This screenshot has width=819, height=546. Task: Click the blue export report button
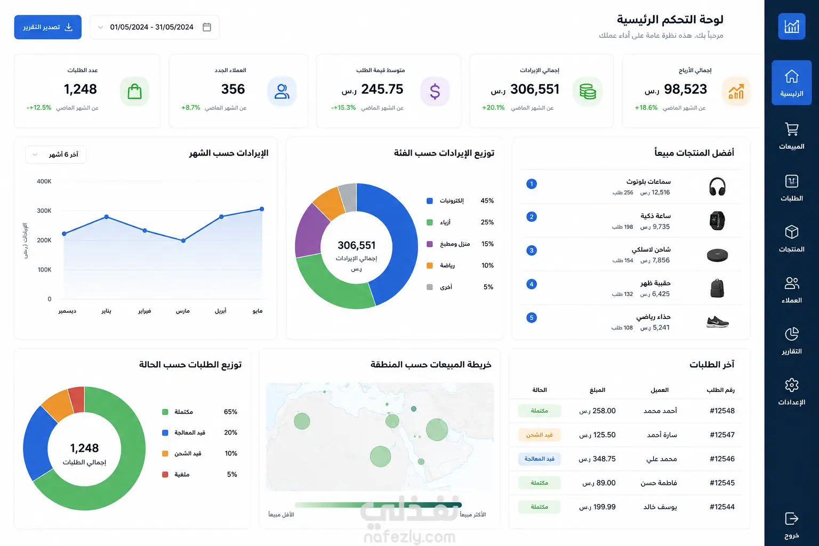coord(48,27)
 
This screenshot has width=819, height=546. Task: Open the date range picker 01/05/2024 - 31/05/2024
coord(154,27)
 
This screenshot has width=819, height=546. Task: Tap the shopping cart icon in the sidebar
coord(792,129)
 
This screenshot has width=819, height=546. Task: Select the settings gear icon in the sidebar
coord(792,385)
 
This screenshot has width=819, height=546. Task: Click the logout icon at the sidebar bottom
coord(792,519)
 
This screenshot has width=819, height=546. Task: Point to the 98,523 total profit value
coord(685,89)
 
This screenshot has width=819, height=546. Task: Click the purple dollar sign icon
coord(435,91)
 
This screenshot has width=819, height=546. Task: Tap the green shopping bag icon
coord(134,91)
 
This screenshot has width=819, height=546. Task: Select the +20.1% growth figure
coord(493,108)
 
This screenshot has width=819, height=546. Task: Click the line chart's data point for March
coord(183,240)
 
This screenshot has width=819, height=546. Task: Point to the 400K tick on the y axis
coord(44,181)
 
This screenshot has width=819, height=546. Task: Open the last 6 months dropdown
coord(55,155)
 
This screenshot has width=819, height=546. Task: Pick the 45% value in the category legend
coord(487,201)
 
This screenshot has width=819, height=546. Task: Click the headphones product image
coord(717,187)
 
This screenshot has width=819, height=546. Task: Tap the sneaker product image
coord(717,322)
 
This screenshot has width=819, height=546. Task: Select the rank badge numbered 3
coord(531,251)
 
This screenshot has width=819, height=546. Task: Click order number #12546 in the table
coord(722,459)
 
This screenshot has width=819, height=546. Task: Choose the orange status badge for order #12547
coord(539,435)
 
